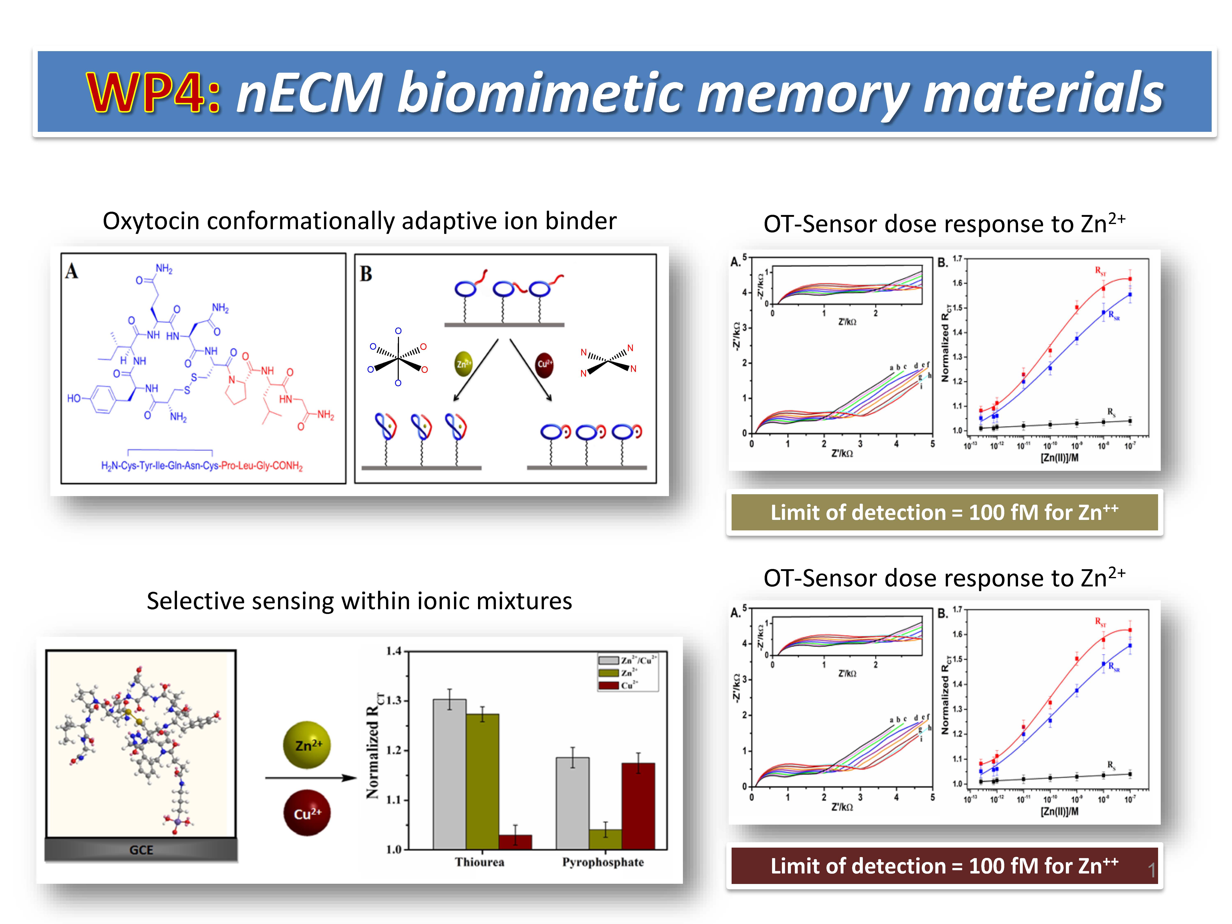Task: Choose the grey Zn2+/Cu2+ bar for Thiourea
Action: [x=449, y=774]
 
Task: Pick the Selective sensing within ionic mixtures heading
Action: [x=359, y=601]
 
